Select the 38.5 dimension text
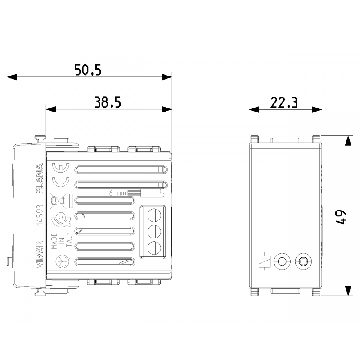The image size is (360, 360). [x=108, y=103]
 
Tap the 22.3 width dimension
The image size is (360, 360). [x=284, y=103]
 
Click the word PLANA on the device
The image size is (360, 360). [x=40, y=179]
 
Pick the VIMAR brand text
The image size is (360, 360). [x=39, y=254]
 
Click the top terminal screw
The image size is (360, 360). [x=154, y=214]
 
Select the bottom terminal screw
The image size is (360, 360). [x=154, y=247]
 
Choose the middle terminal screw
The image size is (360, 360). [x=154, y=230]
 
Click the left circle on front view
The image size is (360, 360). [x=283, y=261]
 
